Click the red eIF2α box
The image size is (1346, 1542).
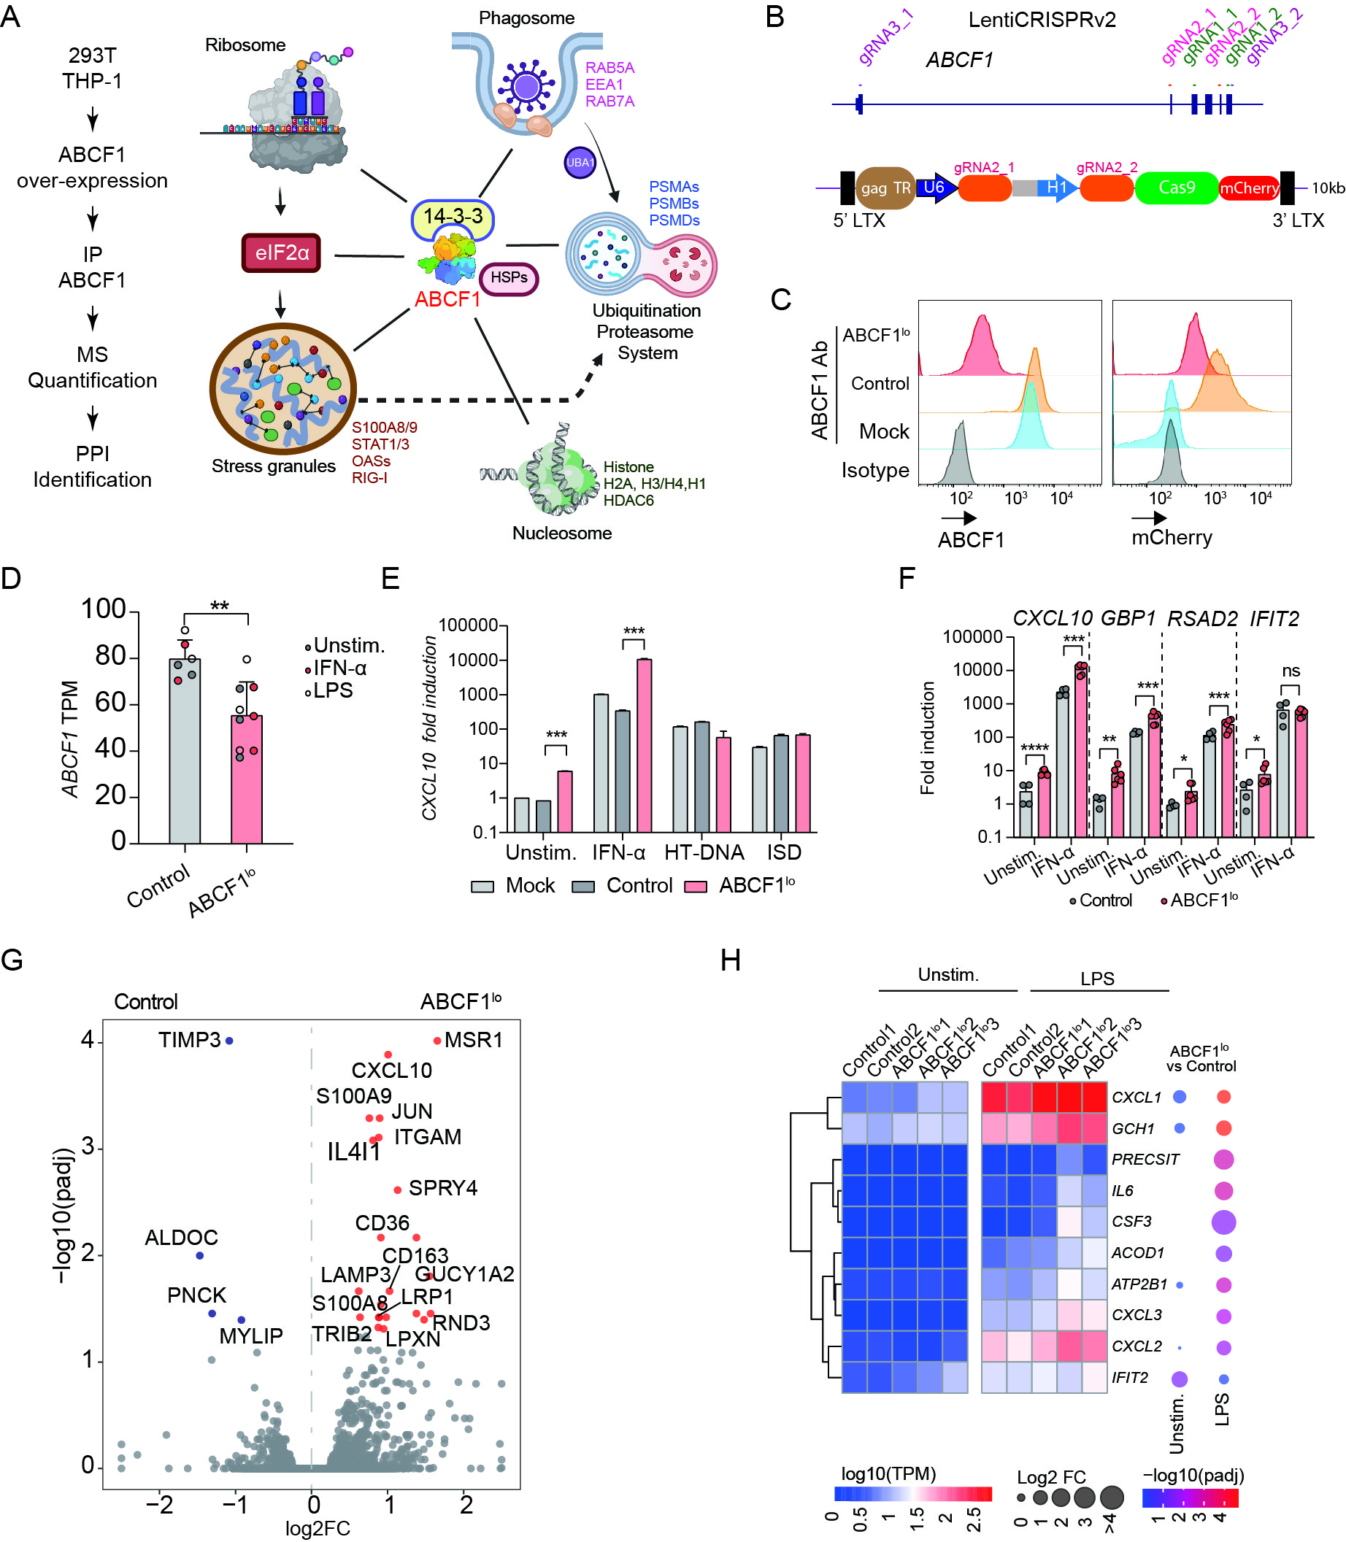(x=281, y=252)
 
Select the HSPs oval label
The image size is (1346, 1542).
(x=509, y=278)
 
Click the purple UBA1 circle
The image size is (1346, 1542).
(x=579, y=162)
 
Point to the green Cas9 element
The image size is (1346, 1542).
(x=1176, y=187)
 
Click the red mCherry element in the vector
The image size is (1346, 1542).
(x=1249, y=188)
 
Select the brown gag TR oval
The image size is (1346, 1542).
(x=885, y=188)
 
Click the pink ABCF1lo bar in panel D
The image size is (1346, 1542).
(x=247, y=779)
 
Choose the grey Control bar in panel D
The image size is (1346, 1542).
(x=185, y=751)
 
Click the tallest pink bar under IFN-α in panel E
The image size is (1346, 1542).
(x=644, y=745)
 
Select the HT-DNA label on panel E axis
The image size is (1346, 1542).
(x=704, y=852)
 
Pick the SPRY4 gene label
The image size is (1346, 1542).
(x=443, y=1187)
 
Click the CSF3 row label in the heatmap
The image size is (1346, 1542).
(x=1131, y=1222)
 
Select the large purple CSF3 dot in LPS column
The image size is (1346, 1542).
(x=1223, y=1222)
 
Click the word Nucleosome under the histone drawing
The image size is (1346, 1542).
(x=562, y=533)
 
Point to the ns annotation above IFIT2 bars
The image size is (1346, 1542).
(x=1291, y=671)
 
